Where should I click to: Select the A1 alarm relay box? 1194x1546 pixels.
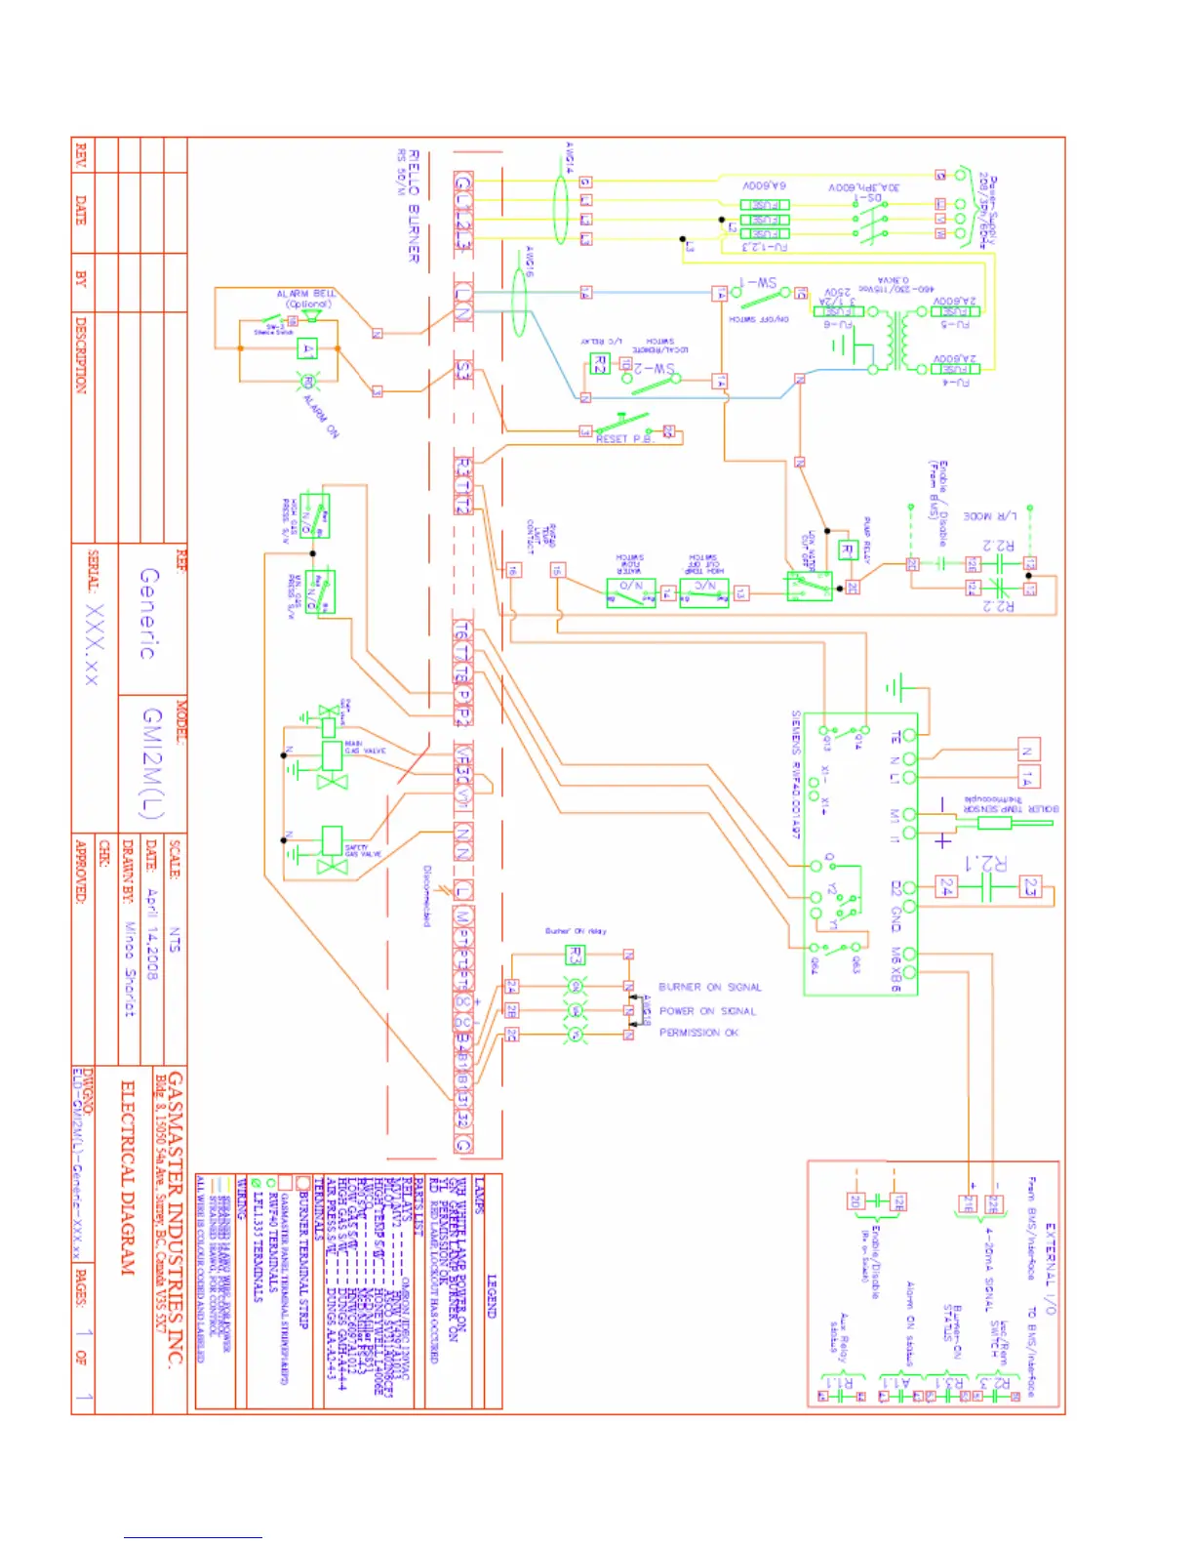coord(309,349)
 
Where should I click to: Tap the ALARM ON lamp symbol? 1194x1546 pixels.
coord(306,382)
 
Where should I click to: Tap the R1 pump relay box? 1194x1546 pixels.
coord(848,550)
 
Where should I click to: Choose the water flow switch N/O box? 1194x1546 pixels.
coord(630,592)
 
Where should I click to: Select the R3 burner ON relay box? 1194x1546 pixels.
coord(576,955)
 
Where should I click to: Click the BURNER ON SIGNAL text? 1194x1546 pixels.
coord(709,988)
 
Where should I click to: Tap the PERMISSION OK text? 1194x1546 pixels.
coord(698,1033)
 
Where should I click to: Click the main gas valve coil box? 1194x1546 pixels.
coord(331,754)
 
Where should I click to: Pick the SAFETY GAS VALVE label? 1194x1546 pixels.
coord(363,851)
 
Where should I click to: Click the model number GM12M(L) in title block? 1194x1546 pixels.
coord(154,763)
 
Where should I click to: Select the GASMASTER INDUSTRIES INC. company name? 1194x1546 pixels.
coord(176,1220)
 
